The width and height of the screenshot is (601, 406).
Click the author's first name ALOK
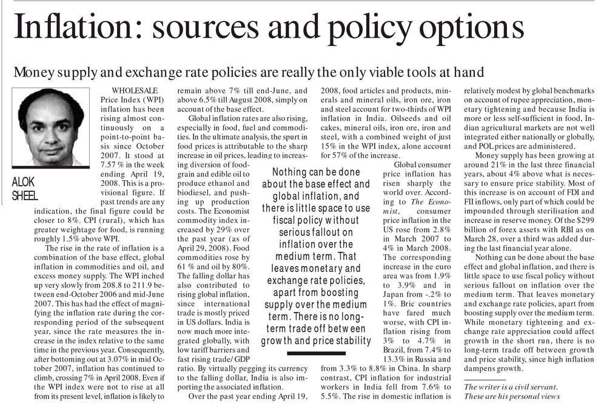[24, 181]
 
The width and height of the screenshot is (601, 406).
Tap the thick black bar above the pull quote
[320, 160]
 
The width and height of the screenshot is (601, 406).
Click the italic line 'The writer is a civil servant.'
[509, 387]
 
